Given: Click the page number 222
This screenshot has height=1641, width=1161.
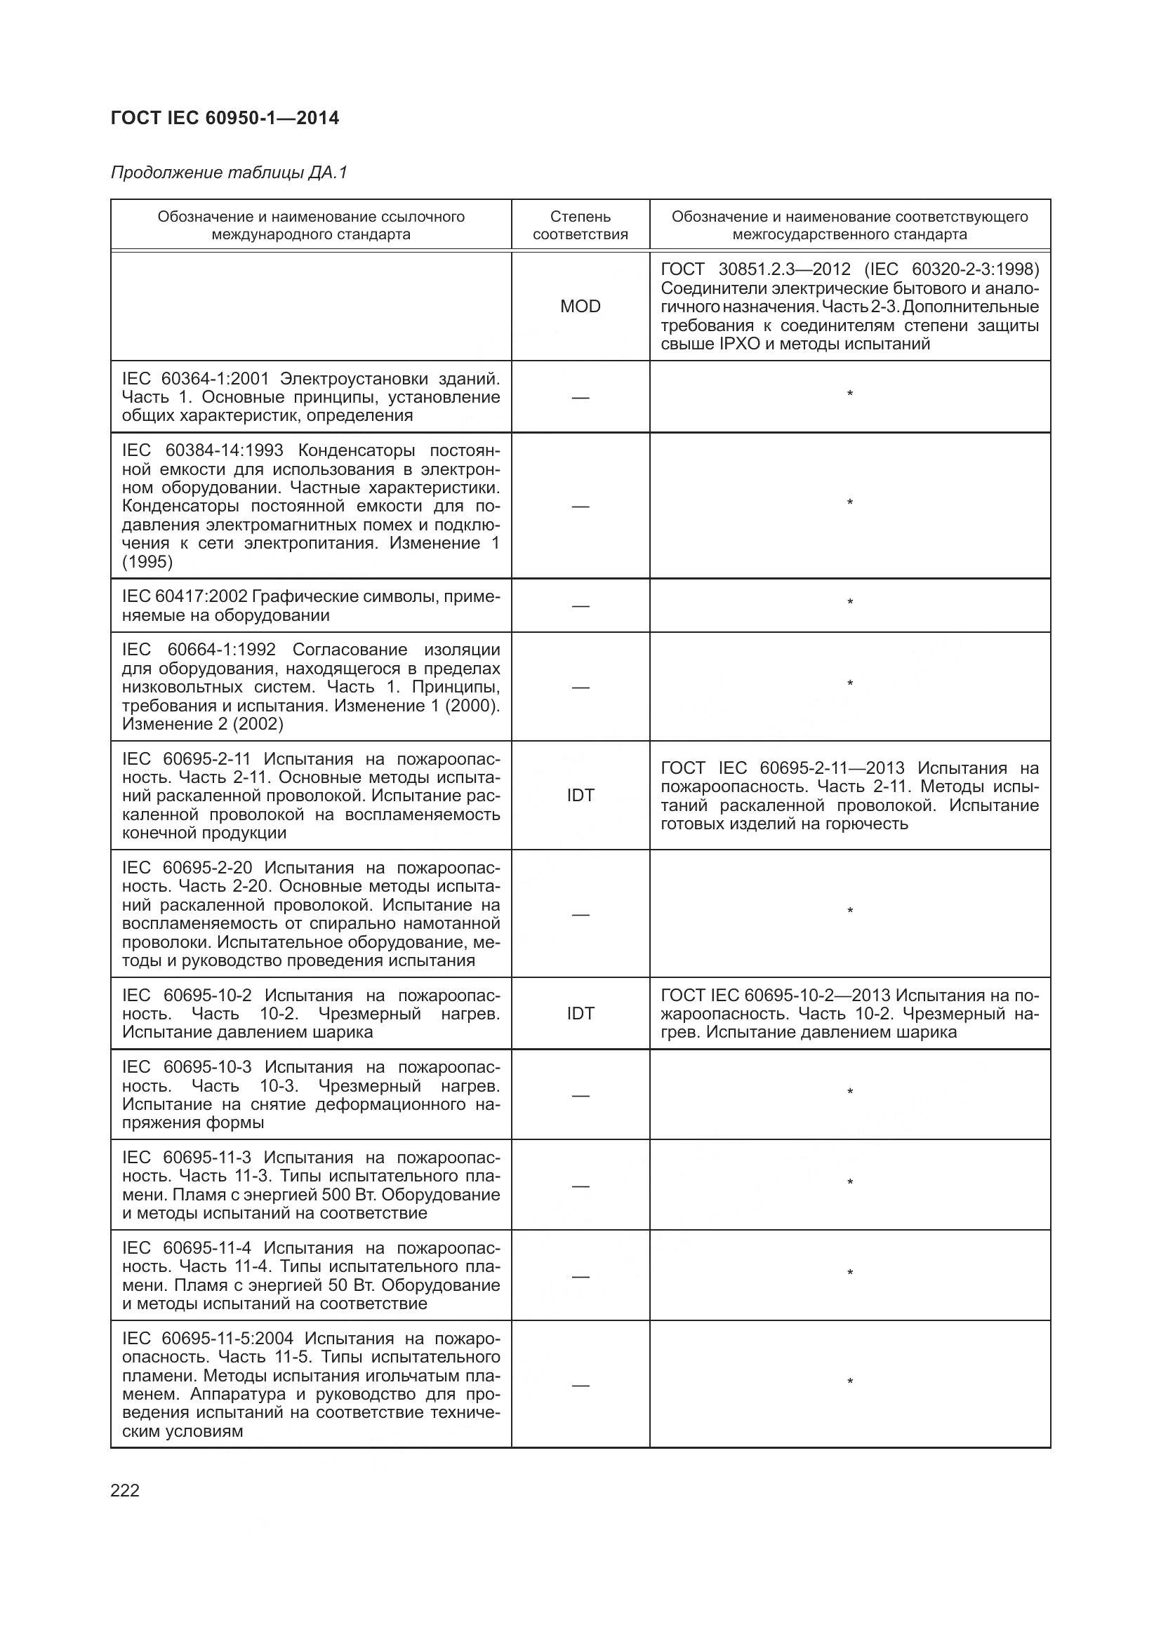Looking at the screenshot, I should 125,1490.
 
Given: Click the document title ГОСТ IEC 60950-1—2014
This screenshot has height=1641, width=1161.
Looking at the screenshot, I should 225,118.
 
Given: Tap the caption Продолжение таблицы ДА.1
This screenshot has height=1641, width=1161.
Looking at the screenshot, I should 229,173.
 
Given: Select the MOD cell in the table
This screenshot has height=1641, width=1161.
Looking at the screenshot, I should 580,306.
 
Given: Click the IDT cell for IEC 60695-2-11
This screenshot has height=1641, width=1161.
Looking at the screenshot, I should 580,795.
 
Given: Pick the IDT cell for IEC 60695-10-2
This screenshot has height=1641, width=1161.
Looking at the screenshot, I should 580,1013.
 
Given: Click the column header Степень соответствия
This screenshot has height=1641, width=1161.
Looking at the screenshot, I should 580,225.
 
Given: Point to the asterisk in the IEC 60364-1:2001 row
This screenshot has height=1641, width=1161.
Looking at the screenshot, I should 849,394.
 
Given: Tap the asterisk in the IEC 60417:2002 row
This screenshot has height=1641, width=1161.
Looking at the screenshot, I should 849,603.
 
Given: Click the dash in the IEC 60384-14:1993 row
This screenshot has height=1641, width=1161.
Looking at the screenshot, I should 580,506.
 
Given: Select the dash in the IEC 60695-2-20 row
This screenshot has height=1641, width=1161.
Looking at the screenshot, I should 580,913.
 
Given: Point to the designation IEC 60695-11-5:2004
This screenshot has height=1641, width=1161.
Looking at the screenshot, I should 207,1338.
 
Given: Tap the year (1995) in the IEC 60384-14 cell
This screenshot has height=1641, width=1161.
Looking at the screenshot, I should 147,562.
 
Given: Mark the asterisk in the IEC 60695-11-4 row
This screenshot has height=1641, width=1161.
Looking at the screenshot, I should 849,1273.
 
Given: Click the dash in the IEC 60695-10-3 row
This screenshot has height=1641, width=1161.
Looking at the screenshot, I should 580,1095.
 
